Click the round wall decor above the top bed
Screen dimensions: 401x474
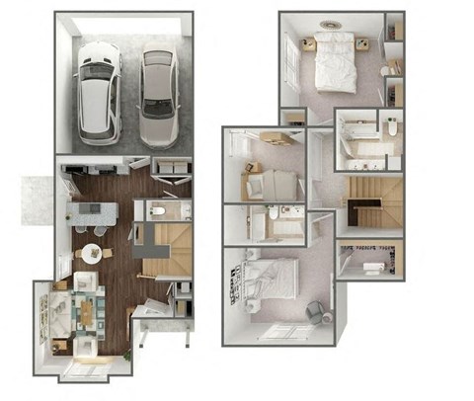click(x=329, y=25)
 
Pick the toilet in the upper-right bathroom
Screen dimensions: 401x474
click(x=391, y=127)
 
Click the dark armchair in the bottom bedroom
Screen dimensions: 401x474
click(x=315, y=311)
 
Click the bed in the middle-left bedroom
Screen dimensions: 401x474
click(x=274, y=182)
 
